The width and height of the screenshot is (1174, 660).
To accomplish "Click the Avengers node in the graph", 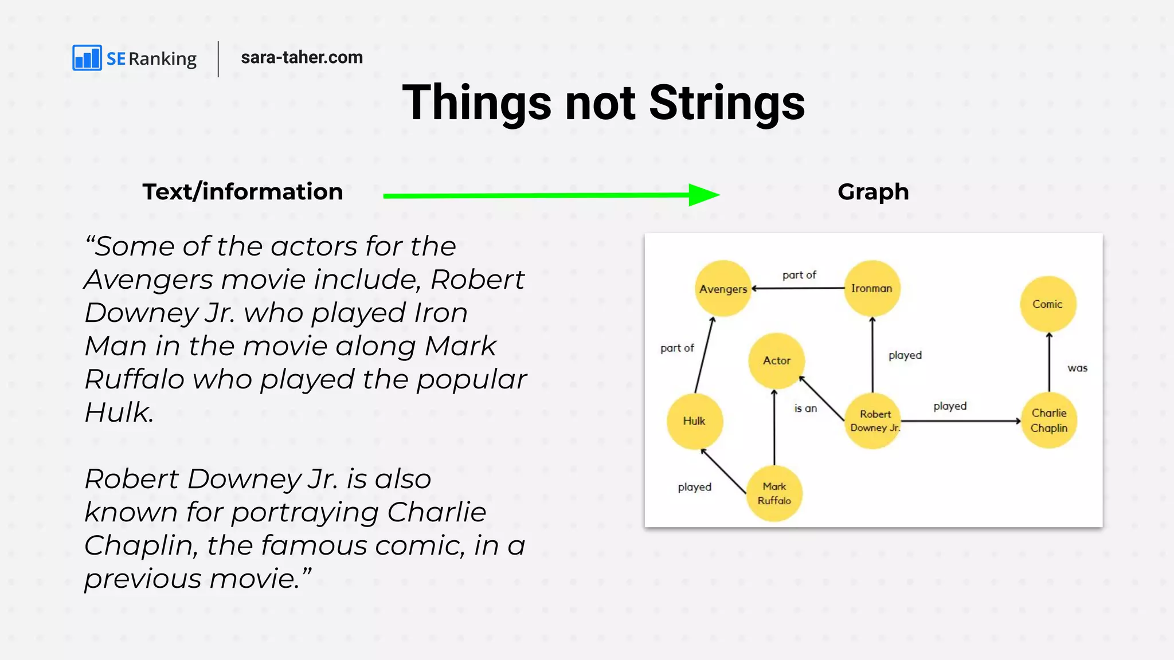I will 723,288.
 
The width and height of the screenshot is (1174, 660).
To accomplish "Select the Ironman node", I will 872,288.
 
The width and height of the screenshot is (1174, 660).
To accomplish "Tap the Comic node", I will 1048,304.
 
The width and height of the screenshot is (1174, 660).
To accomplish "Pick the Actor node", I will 776,360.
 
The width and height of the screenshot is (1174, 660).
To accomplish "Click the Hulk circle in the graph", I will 694,421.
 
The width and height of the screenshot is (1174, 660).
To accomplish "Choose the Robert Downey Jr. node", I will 873,421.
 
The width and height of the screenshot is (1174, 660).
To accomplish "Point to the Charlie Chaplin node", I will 1049,421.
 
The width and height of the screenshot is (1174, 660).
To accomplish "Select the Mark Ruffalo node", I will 774,493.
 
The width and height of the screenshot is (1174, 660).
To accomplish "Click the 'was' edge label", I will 1077,368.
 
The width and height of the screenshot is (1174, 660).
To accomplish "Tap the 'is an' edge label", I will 805,408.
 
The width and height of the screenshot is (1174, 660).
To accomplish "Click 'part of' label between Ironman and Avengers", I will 799,275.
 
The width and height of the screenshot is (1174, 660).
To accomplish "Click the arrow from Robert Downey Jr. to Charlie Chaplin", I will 961,421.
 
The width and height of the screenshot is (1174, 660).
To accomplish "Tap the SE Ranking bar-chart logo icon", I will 87,58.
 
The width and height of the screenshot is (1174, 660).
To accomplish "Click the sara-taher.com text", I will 302,57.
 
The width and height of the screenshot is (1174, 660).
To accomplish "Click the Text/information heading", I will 242,192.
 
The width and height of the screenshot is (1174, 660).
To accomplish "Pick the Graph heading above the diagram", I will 873,192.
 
